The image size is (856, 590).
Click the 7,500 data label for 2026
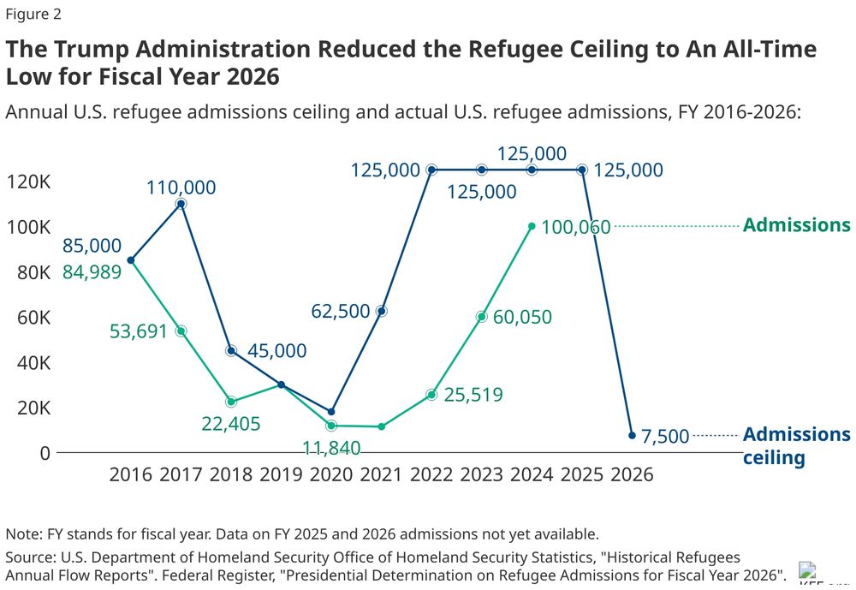tap(665, 437)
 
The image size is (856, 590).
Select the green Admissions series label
tap(796, 225)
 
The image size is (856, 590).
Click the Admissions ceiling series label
tap(796, 445)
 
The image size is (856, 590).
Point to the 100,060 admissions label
tap(576, 227)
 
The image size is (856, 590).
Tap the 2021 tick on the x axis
tap(381, 474)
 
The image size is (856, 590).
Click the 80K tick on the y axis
tap(28, 272)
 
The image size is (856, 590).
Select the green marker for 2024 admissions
tap(532, 226)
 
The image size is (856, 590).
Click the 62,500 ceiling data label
tap(342, 311)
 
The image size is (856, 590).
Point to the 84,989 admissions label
tap(92, 271)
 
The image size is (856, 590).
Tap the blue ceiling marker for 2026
tap(632, 435)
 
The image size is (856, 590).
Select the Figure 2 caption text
tap(33, 15)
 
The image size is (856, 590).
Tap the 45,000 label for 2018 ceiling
tap(276, 351)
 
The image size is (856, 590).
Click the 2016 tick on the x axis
tap(130, 474)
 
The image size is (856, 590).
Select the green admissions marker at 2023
tap(482, 317)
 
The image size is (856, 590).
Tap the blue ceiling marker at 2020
tap(331, 412)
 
